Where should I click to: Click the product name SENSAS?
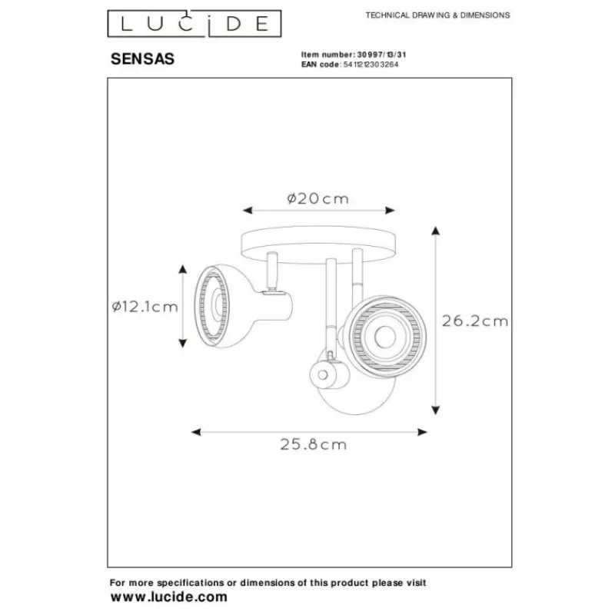138,58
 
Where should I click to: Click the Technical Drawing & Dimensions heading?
437,15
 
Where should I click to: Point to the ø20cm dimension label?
317,198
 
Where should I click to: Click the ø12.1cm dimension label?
145,306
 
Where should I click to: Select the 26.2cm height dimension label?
474,321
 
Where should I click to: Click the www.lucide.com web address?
169,597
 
